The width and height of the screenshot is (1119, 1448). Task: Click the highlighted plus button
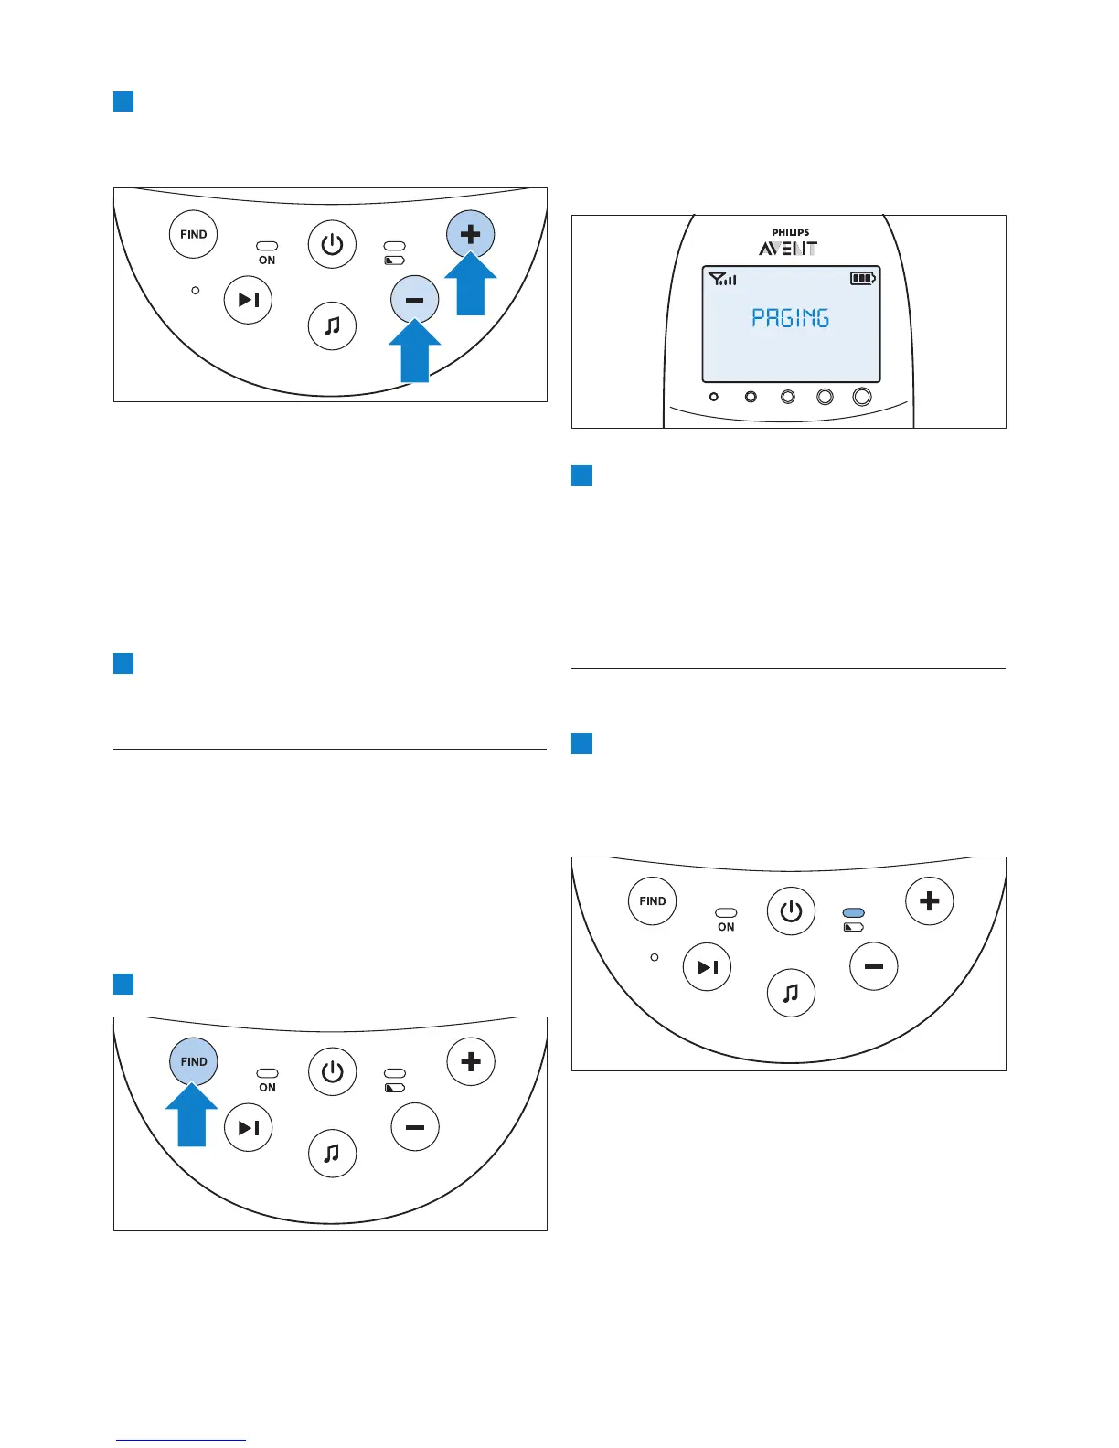point(470,234)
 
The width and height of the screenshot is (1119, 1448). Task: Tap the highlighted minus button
point(414,299)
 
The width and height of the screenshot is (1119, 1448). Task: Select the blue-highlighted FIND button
point(194,1061)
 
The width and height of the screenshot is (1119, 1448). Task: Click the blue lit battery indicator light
point(853,912)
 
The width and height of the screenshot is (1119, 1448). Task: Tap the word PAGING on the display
point(790,318)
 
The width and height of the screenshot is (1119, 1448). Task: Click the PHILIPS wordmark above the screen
point(790,232)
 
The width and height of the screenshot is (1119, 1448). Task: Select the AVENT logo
point(788,248)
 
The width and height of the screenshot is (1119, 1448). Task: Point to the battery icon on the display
point(862,278)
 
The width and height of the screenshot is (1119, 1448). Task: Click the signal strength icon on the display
point(722,279)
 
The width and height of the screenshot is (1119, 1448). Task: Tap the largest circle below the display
point(861,397)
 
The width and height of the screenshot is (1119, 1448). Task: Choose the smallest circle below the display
point(714,397)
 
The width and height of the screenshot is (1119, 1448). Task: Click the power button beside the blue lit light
point(791,911)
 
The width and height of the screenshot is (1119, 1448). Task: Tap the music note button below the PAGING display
point(791,993)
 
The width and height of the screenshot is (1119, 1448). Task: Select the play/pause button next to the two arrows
point(248,300)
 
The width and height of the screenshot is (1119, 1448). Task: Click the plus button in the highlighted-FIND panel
point(470,1061)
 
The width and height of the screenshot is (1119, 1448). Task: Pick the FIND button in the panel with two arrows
point(194,234)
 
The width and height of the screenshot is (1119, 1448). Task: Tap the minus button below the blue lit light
point(873,966)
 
